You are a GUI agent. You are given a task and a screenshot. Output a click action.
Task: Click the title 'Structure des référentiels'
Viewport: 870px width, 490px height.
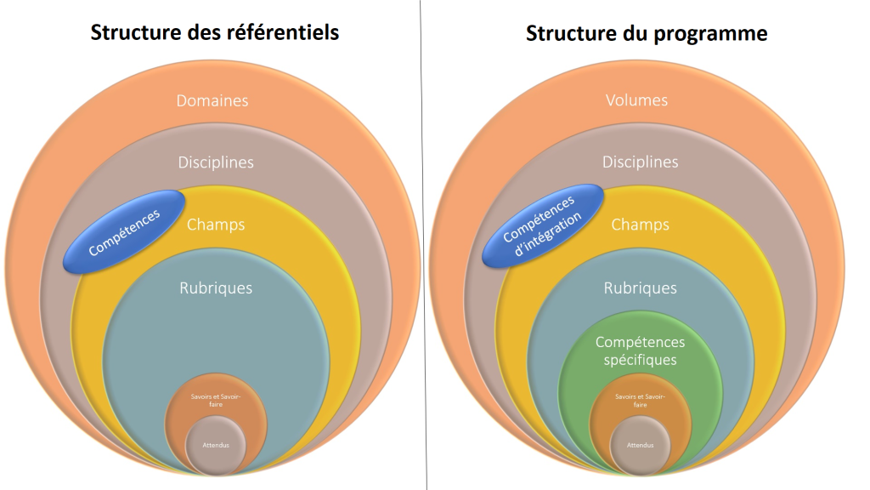pyautogui.click(x=215, y=32)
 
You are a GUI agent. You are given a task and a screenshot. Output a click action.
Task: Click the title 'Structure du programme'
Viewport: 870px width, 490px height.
pyautogui.click(x=647, y=33)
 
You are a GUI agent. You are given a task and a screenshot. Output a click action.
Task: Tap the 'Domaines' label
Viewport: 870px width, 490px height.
pyautogui.click(x=212, y=100)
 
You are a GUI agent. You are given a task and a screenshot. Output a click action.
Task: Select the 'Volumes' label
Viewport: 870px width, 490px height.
pyautogui.click(x=636, y=100)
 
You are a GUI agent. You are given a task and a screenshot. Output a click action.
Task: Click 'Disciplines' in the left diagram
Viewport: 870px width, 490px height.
pyautogui.click(x=216, y=162)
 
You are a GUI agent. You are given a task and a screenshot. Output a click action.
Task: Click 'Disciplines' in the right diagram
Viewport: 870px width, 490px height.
pyautogui.click(x=641, y=162)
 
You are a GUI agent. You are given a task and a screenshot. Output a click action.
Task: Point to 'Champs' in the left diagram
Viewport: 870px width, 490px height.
pyautogui.click(x=216, y=225)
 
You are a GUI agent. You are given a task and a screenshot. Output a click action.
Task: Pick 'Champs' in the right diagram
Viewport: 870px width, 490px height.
pyautogui.click(x=641, y=225)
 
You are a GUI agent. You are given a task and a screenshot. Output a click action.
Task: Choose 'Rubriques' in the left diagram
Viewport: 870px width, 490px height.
pyautogui.click(x=216, y=288)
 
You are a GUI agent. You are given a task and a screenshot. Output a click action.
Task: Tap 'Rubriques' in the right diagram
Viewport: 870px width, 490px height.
pyautogui.click(x=641, y=288)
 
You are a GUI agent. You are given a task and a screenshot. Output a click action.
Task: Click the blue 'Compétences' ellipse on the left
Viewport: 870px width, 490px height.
pyautogui.click(x=124, y=231)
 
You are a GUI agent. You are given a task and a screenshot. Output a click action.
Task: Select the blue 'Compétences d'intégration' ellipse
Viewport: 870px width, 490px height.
pyautogui.click(x=542, y=226)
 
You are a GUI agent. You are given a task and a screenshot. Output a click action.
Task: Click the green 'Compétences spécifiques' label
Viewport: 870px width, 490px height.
pyautogui.click(x=641, y=350)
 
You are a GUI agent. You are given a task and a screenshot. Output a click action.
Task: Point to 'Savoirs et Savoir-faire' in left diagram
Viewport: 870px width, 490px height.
pyautogui.click(x=216, y=401)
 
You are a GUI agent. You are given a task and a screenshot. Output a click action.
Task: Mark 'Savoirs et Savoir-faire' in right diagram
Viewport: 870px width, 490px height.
pyautogui.click(x=641, y=401)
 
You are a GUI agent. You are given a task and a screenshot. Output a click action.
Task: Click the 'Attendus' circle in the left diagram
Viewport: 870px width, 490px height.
pyautogui.click(x=216, y=445)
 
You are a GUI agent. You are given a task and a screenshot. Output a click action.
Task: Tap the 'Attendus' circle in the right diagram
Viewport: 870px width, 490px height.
pyautogui.click(x=641, y=445)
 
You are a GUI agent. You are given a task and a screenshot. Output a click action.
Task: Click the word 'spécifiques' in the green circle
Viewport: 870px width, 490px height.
pyautogui.click(x=641, y=360)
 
